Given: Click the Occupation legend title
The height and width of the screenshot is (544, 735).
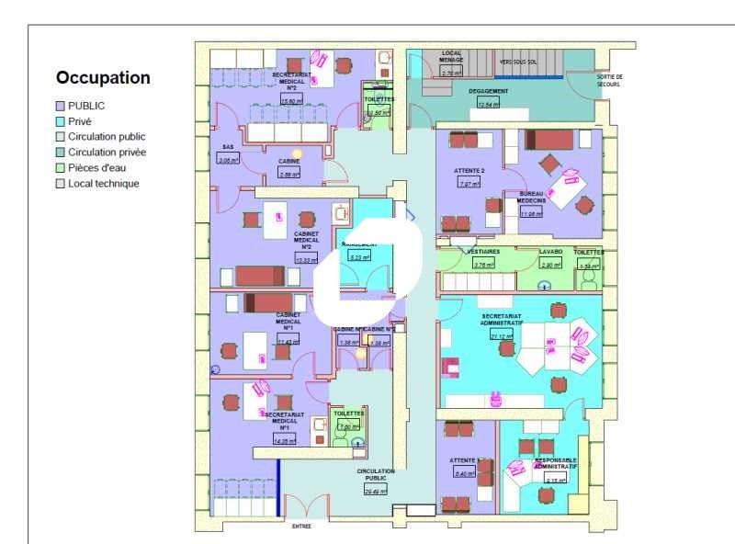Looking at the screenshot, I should (103, 78).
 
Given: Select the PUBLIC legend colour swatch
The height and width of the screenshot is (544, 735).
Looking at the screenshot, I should (61, 106).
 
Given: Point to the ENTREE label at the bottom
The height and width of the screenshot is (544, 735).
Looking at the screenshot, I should (301, 527).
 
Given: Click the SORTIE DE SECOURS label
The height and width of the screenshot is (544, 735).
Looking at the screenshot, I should (609, 81).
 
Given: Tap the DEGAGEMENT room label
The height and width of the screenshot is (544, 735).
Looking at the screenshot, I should (488, 92).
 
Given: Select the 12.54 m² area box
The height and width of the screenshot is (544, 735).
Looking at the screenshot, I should (489, 105).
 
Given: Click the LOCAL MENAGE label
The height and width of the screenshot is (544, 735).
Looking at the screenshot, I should (451, 57).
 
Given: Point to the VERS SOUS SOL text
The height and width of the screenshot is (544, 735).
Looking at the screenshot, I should (517, 62).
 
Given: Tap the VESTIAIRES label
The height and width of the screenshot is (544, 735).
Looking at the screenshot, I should (483, 251).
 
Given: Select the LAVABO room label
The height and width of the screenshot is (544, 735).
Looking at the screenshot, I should (550, 251).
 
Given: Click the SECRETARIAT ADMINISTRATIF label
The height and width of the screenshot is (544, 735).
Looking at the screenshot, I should (502, 320).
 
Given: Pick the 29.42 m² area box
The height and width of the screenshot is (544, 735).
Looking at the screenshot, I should (375, 492).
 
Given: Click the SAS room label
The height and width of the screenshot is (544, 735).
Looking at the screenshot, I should (228, 147).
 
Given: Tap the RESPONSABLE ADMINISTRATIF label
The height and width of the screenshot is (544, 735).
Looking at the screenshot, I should (555, 464).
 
